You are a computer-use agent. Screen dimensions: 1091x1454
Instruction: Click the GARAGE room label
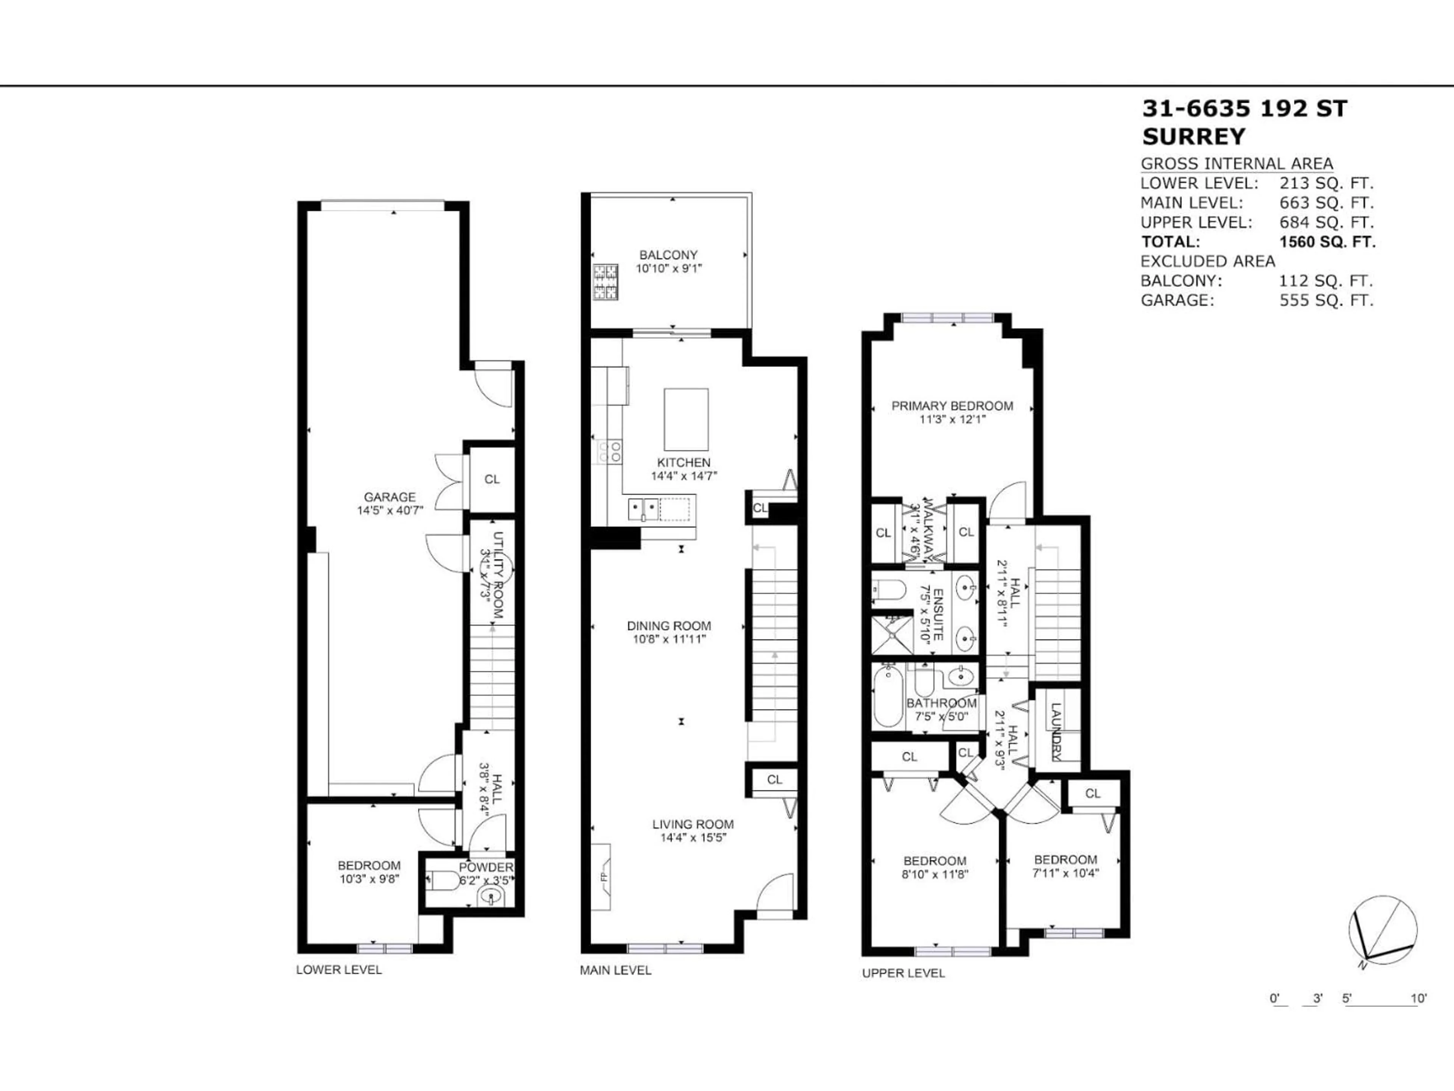click(390, 497)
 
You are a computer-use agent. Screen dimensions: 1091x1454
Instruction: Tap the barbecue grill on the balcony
click(606, 281)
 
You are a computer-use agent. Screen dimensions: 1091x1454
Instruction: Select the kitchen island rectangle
click(686, 419)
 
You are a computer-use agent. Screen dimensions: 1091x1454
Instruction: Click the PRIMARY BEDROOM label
click(952, 406)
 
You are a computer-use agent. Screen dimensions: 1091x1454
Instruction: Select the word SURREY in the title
click(1194, 136)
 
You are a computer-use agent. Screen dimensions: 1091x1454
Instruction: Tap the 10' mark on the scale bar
click(1418, 998)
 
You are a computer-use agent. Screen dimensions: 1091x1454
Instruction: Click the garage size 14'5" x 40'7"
click(390, 510)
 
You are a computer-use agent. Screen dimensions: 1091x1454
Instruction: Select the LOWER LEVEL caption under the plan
click(339, 969)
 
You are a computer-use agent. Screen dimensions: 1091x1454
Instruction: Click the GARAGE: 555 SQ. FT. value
click(1326, 300)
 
